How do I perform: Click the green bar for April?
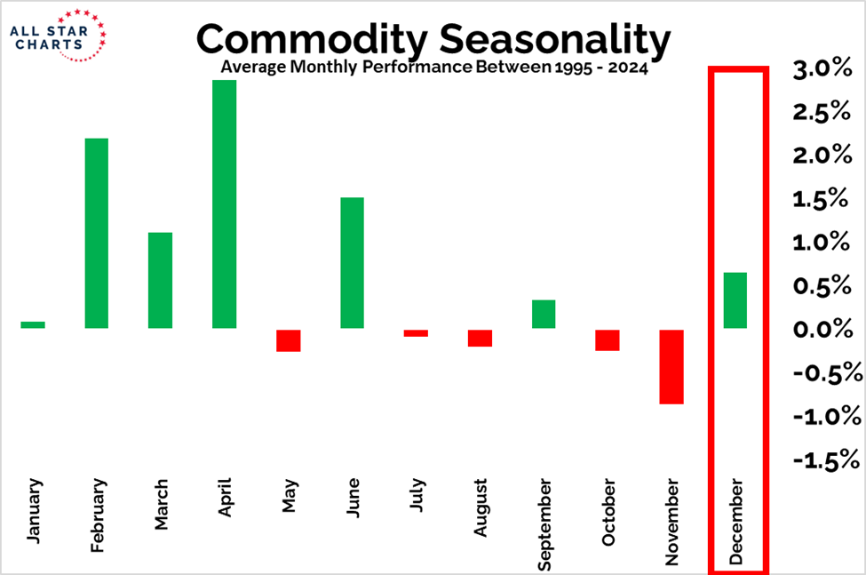[x=224, y=204]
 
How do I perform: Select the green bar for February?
[x=96, y=234]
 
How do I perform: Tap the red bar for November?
[x=671, y=366]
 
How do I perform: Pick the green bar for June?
[x=352, y=263]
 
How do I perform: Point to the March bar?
[x=160, y=281]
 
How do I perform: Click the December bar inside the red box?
[x=735, y=300]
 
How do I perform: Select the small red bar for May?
[x=288, y=339]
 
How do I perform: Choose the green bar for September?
[x=544, y=315]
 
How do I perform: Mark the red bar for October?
[x=608, y=339]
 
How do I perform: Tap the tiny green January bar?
[x=33, y=324]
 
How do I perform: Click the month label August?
[x=481, y=508]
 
